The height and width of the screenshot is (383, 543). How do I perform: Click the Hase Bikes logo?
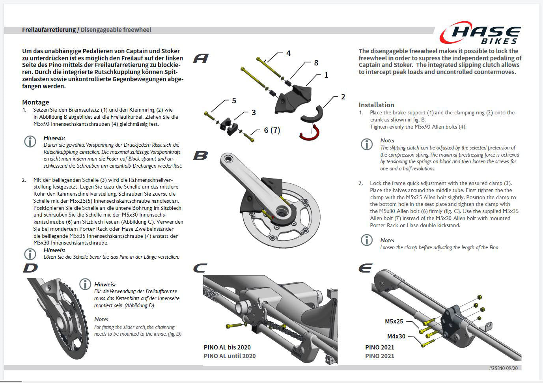(x=480, y=33)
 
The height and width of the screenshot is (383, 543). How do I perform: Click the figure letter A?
(x=201, y=58)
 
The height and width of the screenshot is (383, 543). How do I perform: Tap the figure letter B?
(x=200, y=156)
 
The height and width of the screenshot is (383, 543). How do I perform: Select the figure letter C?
(x=200, y=269)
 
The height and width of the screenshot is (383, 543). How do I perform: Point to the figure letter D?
(x=30, y=268)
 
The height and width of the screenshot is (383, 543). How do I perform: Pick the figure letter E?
(x=365, y=269)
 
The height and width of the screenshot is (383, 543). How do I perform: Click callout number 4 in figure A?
(x=288, y=53)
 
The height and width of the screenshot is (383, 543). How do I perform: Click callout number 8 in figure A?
(x=316, y=63)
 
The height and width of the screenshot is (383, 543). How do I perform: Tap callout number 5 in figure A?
(x=234, y=101)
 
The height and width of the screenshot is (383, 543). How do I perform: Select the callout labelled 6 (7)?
(x=272, y=130)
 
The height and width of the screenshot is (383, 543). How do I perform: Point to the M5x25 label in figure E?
(x=394, y=321)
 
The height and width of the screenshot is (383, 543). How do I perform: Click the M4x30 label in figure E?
(x=396, y=336)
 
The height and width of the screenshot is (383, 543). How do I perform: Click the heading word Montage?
(x=35, y=102)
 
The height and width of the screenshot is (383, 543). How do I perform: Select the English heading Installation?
(x=376, y=105)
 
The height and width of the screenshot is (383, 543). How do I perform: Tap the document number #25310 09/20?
(x=503, y=368)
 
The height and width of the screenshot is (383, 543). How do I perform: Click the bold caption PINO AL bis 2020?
(x=227, y=348)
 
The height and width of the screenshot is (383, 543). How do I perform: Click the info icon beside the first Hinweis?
(x=30, y=141)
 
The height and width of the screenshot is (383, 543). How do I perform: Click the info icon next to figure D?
(x=85, y=284)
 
